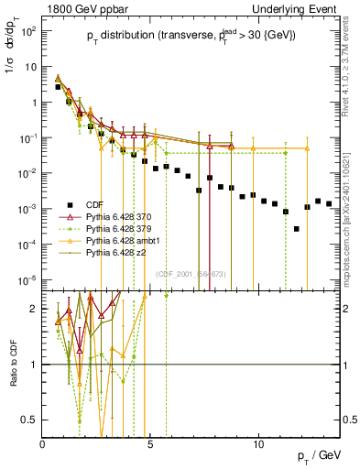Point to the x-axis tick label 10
pyautogui.click(x=258, y=444)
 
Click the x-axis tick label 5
pyautogui.click(x=150, y=444)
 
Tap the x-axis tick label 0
pyautogui.click(x=42, y=444)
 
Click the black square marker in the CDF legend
pyautogui.click(x=66, y=204)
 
